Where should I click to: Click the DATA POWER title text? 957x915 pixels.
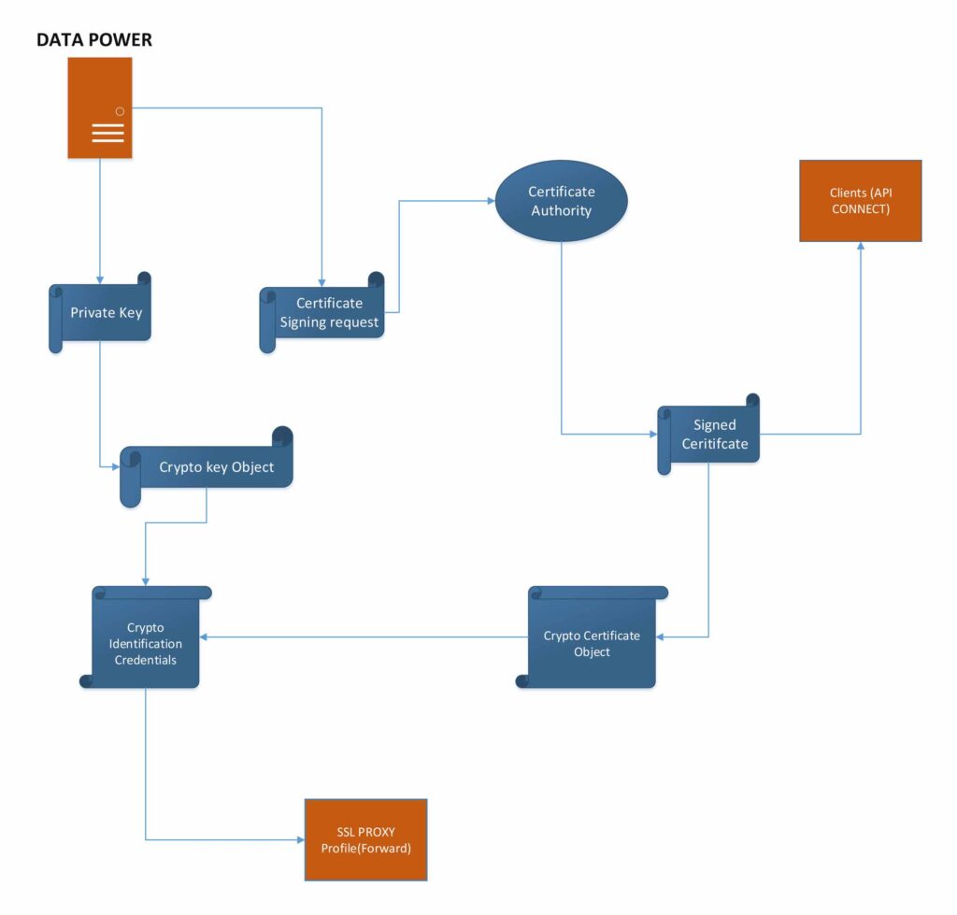pyautogui.click(x=93, y=40)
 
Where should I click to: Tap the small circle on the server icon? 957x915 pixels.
pyautogui.click(x=120, y=111)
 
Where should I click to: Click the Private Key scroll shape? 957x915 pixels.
pyautogui.click(x=101, y=312)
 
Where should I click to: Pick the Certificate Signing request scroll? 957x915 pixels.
pyautogui.click(x=323, y=313)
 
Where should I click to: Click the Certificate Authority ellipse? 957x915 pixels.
pyautogui.click(x=561, y=201)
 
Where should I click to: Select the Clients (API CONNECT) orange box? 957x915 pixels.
pyautogui.click(x=861, y=201)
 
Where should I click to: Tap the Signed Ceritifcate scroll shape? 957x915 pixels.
pyautogui.click(x=710, y=435)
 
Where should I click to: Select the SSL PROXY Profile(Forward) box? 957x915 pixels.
pyautogui.click(x=365, y=839)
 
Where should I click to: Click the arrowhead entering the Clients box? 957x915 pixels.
pyautogui.click(x=861, y=247)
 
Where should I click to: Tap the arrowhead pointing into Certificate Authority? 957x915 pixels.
pyautogui.click(x=490, y=200)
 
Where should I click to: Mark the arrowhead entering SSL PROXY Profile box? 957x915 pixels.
pyautogui.click(x=300, y=839)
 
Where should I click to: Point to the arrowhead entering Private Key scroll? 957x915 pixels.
pyautogui.click(x=100, y=280)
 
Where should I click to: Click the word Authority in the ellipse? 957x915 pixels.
pyautogui.click(x=561, y=211)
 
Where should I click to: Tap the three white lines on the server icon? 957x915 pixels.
pyautogui.click(x=107, y=133)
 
